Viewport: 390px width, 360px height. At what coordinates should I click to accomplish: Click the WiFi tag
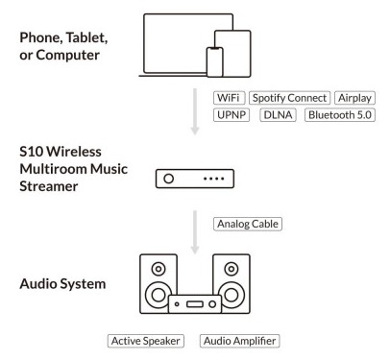pyautogui.click(x=229, y=98)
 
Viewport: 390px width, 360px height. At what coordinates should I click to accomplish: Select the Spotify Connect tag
pyautogui.click(x=289, y=98)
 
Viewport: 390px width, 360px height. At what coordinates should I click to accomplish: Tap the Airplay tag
pyautogui.click(x=354, y=98)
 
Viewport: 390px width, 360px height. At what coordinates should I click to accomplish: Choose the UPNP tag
pyautogui.click(x=232, y=115)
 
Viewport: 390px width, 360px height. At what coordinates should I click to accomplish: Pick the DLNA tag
pyautogui.click(x=278, y=115)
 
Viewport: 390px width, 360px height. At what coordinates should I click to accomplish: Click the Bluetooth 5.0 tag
pyautogui.click(x=340, y=115)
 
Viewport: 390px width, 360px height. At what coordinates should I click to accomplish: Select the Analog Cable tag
pyautogui.click(x=248, y=224)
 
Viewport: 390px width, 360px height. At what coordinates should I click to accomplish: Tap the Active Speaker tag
pyautogui.click(x=146, y=341)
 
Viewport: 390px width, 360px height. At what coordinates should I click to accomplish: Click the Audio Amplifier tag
pyautogui.click(x=239, y=341)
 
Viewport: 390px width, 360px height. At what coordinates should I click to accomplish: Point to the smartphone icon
pyautogui.click(x=214, y=62)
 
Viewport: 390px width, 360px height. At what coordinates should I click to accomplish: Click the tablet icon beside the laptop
pyautogui.click(x=232, y=54)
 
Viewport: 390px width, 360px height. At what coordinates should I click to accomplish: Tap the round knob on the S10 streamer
pyautogui.click(x=169, y=179)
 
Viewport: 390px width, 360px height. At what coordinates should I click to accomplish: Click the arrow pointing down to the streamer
pyautogui.click(x=195, y=111)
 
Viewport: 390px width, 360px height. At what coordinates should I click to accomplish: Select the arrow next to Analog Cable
pyautogui.click(x=195, y=232)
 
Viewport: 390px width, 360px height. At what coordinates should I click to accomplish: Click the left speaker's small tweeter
pyautogui.click(x=158, y=269)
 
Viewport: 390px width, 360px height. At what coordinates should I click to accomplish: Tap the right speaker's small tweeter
pyautogui.click(x=232, y=269)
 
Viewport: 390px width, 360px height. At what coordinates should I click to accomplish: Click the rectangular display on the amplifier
pyautogui.click(x=195, y=303)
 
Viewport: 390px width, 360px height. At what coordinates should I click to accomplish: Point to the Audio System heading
pyautogui.click(x=62, y=284)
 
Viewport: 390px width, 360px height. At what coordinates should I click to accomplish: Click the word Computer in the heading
pyautogui.click(x=67, y=56)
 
